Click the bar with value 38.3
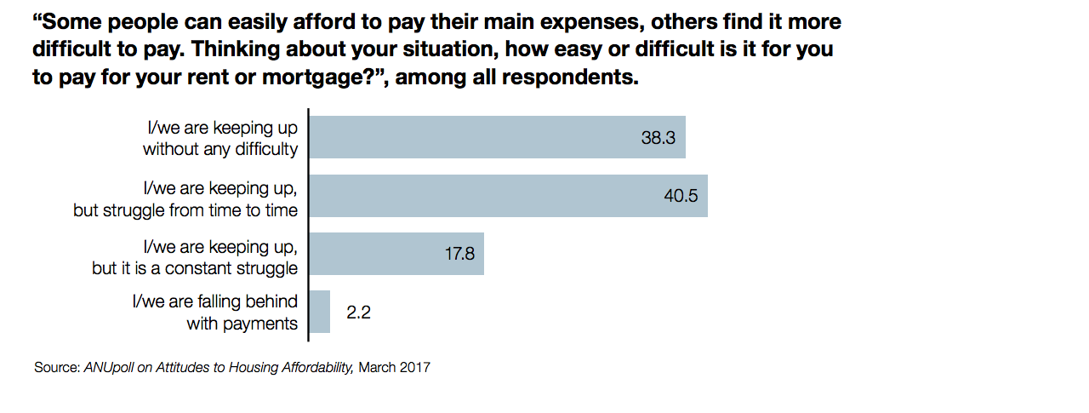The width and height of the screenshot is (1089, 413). click(497, 138)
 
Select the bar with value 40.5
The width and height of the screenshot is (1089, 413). click(508, 196)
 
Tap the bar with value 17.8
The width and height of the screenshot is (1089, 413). click(396, 254)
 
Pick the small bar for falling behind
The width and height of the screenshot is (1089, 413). click(320, 312)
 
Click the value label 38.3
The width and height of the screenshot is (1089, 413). click(658, 138)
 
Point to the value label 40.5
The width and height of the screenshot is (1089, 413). click(681, 196)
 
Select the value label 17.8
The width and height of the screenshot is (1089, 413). click(459, 254)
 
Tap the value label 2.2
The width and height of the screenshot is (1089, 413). click(358, 313)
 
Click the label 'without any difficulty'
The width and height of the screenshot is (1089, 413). click(220, 150)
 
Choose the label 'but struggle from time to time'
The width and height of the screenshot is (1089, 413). click(185, 209)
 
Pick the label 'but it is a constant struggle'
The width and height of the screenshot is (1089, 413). click(195, 267)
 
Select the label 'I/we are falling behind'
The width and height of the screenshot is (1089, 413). click(214, 301)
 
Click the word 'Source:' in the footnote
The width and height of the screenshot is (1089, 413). click(57, 368)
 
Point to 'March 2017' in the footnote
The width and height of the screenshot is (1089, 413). click(394, 368)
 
